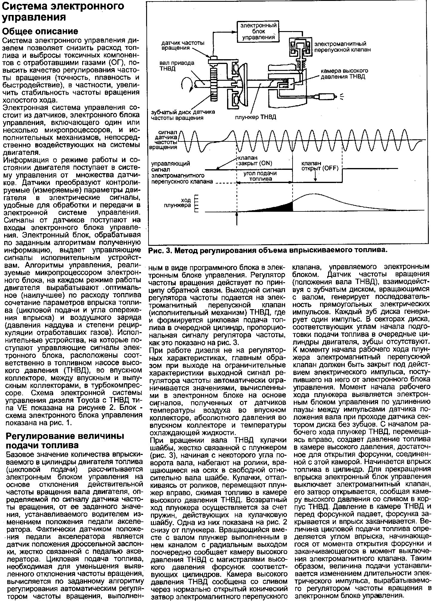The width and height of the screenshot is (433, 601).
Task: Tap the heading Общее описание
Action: point(40,31)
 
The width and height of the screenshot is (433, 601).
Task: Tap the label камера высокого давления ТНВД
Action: point(344,74)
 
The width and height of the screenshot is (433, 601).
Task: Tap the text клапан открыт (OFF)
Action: point(320,166)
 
